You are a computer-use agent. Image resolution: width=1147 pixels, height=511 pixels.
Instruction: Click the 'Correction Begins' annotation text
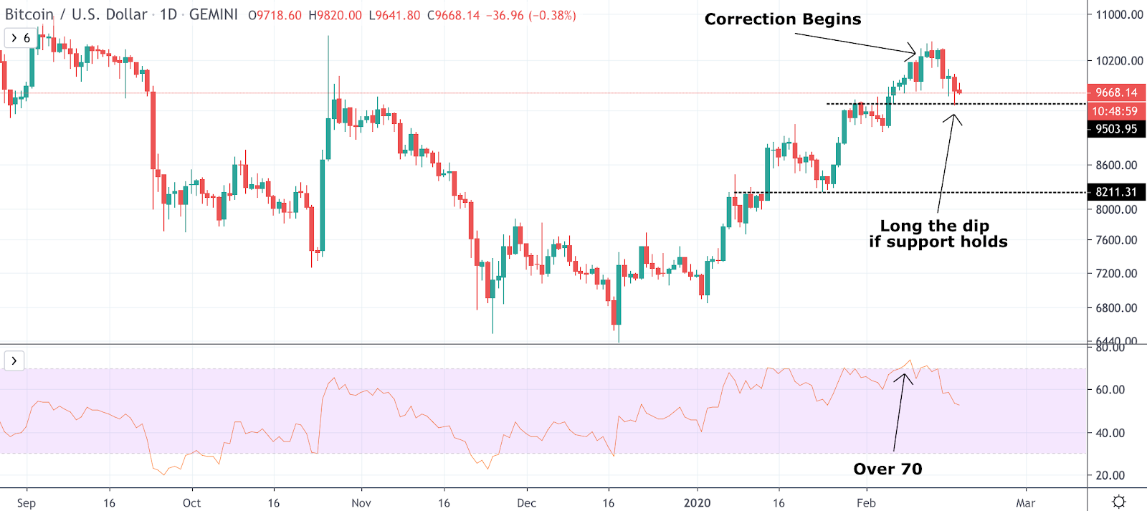783,19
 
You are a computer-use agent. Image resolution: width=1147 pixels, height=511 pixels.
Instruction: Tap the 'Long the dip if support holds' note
938,234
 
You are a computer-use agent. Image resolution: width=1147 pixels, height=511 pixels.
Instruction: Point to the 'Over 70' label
887,469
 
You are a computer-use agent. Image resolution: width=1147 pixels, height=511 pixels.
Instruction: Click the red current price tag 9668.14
1116,92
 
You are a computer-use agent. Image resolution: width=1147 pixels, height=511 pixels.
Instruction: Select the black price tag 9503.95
1116,129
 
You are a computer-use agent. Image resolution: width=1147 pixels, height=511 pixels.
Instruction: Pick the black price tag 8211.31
1116,192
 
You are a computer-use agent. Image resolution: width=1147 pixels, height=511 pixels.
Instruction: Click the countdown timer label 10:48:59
1115,111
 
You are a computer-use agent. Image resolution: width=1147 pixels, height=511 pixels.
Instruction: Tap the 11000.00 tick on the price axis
1119,14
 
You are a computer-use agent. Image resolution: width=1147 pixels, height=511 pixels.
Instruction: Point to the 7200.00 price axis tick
1116,273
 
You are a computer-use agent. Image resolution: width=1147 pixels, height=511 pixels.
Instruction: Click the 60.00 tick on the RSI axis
1110,390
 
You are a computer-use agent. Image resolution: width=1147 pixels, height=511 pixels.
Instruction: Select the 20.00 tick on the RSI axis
1110,475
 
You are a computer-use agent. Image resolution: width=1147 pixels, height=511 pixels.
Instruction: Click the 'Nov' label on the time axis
361,502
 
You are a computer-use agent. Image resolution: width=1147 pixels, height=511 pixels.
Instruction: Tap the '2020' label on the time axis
697,502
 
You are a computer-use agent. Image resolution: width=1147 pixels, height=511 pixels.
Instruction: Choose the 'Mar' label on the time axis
1025,502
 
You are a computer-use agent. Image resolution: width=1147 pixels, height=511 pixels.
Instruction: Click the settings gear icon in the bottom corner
1118,501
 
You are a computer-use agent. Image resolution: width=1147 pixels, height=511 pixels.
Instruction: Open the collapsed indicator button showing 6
20,38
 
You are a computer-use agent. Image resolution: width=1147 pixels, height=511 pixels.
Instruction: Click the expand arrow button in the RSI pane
14,360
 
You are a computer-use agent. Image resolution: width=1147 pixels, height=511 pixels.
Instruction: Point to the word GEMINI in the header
213,14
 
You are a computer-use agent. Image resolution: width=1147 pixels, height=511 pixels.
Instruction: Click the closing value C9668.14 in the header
453,15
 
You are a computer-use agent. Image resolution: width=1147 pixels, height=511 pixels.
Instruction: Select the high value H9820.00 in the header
335,15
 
